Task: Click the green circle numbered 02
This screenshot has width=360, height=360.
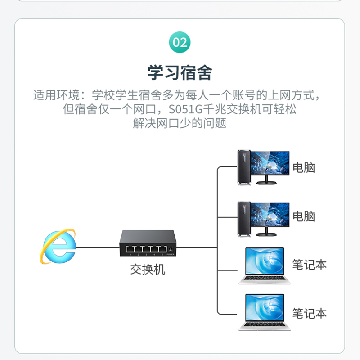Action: point(180,43)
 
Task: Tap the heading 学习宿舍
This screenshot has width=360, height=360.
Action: point(180,72)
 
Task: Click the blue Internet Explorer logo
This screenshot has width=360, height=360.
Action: point(58,247)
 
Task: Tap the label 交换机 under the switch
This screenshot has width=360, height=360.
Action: point(148,270)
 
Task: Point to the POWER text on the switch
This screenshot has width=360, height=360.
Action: point(171,255)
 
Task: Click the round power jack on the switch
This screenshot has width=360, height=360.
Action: point(171,249)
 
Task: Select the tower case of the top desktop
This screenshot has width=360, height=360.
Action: point(243,167)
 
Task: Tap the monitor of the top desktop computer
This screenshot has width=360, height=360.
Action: point(270,163)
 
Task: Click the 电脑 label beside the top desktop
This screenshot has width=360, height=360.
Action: point(304,168)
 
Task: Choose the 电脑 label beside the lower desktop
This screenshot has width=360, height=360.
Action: point(304,216)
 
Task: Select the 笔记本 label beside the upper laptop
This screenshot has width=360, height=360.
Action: point(309,265)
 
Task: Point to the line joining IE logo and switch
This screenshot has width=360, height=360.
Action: point(97,247)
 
